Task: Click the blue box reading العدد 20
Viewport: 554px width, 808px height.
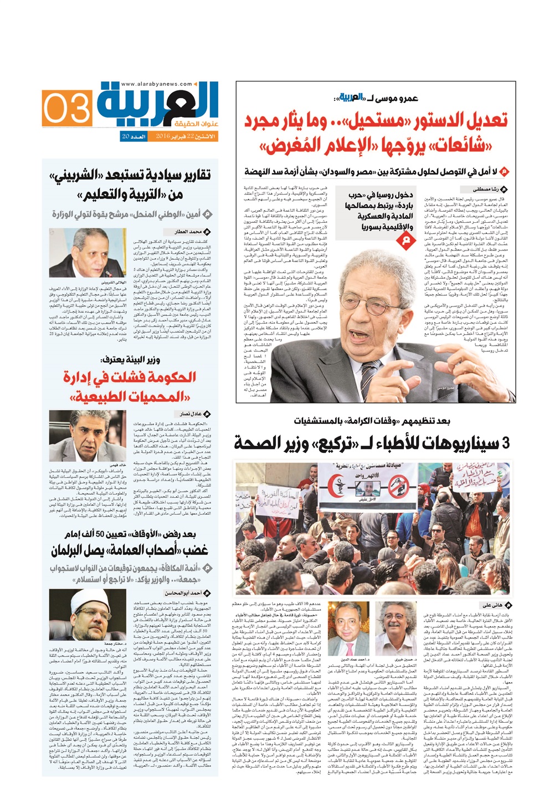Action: tap(134, 136)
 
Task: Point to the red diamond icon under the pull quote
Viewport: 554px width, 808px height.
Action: tap(406, 239)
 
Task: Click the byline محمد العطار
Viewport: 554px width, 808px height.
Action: tap(188, 231)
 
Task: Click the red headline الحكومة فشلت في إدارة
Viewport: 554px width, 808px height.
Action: tap(129, 377)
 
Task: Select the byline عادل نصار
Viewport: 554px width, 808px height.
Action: tap(191, 413)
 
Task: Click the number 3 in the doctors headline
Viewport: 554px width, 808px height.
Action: tap(505, 443)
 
